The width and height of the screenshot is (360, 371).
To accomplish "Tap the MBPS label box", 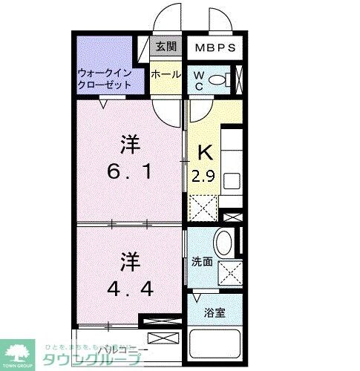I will (215, 48).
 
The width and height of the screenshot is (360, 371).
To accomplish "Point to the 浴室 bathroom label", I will (215, 312).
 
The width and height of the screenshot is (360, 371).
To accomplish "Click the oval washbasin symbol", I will (223, 243).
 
